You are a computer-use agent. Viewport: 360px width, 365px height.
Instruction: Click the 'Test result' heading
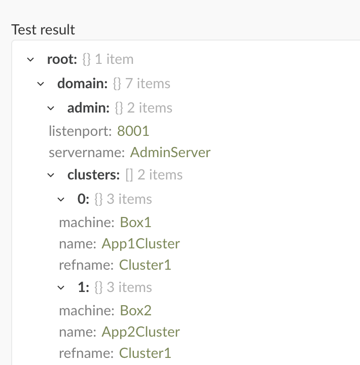[x=43, y=30]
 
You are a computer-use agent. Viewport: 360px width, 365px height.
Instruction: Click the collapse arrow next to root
[x=30, y=60]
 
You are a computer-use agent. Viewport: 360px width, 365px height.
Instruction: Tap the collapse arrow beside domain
[x=41, y=84]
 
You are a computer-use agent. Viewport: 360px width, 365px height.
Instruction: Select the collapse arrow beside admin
[x=51, y=108]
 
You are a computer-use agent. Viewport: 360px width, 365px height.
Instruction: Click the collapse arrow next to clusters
[x=51, y=175]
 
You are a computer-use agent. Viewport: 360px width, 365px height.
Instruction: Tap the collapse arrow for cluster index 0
[x=61, y=200]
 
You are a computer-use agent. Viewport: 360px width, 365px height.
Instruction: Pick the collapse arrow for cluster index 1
[x=61, y=288]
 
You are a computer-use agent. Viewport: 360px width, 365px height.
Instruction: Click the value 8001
[x=133, y=131]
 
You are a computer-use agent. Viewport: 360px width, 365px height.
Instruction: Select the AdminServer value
[x=170, y=153]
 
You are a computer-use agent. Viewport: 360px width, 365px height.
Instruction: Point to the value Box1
[x=135, y=222]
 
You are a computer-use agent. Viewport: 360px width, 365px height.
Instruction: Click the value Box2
[x=135, y=310]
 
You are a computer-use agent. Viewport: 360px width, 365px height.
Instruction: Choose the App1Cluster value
[x=140, y=244]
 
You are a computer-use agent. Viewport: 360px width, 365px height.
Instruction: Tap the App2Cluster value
[x=140, y=332]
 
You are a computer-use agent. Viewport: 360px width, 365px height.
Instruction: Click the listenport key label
[x=80, y=131]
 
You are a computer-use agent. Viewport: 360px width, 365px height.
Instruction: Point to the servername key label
[x=87, y=153]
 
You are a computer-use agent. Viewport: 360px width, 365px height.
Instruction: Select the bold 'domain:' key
[x=83, y=83]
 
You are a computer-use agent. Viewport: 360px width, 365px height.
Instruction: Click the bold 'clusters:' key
[x=94, y=174]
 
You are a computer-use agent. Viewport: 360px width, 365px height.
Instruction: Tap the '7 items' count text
[x=148, y=83]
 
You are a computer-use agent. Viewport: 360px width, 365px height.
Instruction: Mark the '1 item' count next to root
[x=114, y=59]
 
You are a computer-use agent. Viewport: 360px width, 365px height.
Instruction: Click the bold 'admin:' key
[x=89, y=108]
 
